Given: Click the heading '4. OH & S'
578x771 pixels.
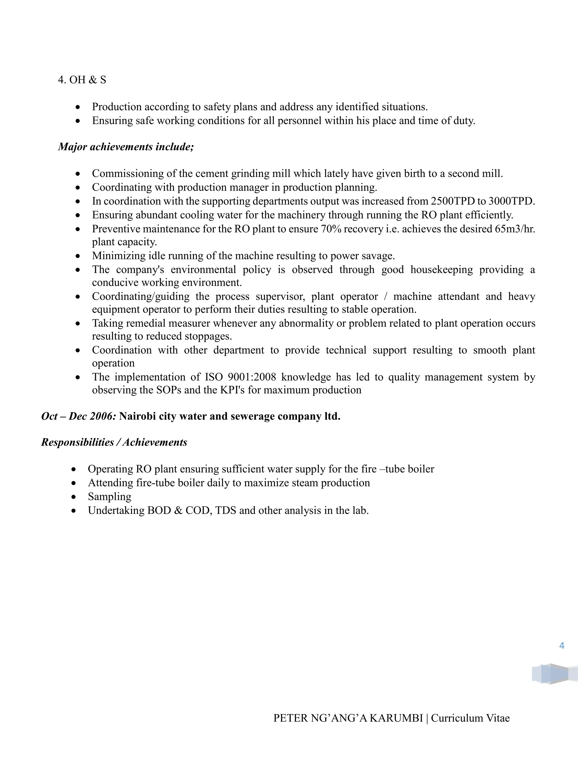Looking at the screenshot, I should pos(82,80).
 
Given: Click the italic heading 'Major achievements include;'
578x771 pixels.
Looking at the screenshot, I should pos(126,147).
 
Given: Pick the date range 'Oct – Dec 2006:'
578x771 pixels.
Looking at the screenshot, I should pos(78,416).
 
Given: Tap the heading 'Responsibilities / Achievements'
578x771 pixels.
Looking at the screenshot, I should pos(114,442).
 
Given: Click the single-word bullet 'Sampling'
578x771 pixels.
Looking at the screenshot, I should pos(110,496).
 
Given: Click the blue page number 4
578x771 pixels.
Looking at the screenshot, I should pos(562,646).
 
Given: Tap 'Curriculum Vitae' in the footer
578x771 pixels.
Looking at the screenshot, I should pos(470,718).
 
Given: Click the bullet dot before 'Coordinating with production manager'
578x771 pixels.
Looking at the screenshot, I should pos(78,188).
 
